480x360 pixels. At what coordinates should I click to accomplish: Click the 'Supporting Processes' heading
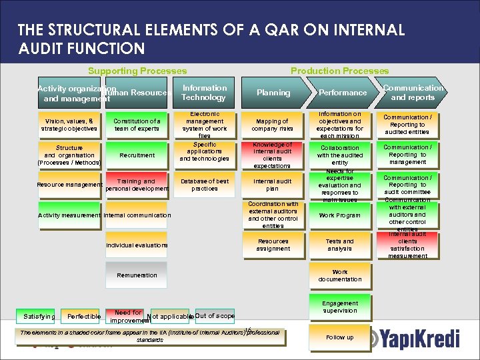tap(137, 71)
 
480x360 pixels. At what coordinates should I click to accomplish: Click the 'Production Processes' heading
tap(339, 71)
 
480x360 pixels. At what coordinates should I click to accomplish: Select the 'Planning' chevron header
tap(273, 93)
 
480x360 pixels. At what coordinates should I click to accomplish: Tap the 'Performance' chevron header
tap(343, 93)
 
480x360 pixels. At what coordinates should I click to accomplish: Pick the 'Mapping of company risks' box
tap(273, 125)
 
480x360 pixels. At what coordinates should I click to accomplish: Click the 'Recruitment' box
tap(137, 155)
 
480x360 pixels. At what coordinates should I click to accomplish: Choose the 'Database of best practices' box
tap(204, 185)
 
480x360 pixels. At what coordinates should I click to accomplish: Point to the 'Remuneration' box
tap(137, 275)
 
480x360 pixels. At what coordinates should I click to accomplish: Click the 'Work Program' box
tap(339, 215)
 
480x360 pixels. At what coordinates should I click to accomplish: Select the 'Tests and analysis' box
tap(339, 245)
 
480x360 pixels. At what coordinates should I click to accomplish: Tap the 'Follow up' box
tap(339, 337)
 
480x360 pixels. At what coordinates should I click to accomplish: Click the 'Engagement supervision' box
tap(339, 307)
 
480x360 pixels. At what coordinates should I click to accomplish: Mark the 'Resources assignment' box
tap(273, 245)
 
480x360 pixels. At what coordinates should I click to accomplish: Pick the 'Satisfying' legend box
tap(39, 316)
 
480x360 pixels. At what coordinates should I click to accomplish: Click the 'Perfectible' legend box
tap(83, 316)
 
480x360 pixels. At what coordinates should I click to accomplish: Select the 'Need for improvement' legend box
tap(127, 316)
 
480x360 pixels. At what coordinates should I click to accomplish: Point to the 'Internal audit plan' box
tap(273, 185)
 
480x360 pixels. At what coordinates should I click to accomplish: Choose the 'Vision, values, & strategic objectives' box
tap(69, 125)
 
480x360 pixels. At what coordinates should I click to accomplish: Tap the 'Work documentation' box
tap(339, 275)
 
